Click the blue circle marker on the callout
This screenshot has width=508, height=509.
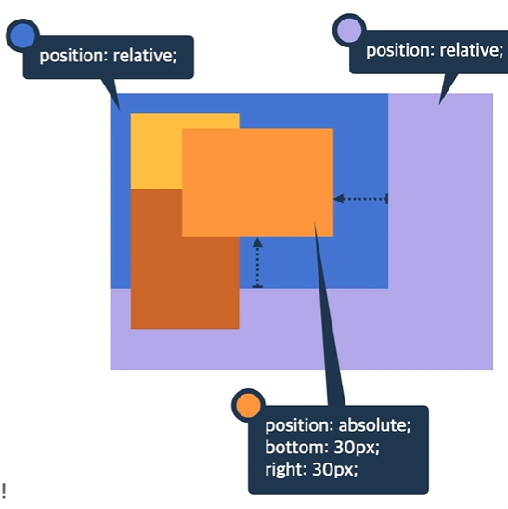22,35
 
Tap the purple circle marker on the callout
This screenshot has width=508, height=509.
349,31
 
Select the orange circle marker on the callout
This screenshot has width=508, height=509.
248,406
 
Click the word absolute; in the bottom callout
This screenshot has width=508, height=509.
374,425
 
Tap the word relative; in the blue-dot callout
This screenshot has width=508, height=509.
145,56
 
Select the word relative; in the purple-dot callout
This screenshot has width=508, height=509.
472,51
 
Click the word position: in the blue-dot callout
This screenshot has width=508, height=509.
73,57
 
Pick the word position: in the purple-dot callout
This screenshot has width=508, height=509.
400,51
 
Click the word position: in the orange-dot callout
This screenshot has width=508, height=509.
299,426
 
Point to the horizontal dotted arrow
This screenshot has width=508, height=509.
360,199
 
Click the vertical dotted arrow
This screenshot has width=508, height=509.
257,263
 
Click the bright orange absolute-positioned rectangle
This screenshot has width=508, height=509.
258,182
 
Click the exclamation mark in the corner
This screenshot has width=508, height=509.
4,490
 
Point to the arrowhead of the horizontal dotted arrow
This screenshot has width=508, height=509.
339,199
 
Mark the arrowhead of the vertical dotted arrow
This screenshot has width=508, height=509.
257,242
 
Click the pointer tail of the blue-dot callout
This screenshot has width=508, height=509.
112,94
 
